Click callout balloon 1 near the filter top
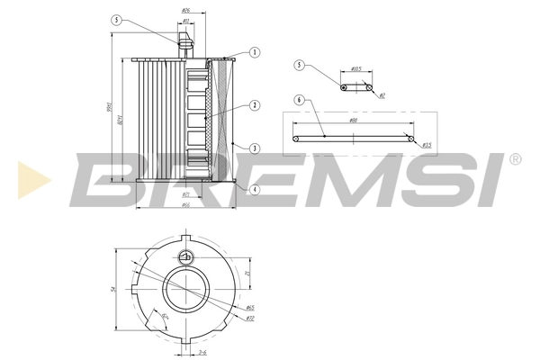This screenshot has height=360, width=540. (x=255, y=53)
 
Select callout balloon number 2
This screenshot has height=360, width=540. (x=255, y=105)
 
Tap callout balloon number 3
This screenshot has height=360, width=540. (x=255, y=148)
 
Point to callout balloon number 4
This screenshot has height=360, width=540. (x=255, y=190)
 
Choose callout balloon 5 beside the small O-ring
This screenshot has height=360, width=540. (x=300, y=65)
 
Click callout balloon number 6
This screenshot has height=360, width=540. (x=300, y=99)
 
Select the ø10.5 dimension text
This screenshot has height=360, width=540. (x=355, y=69)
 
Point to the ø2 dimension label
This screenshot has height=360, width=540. (x=381, y=94)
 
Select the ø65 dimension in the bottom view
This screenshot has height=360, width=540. (x=249, y=308)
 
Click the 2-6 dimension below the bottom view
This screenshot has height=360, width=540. (x=202, y=352)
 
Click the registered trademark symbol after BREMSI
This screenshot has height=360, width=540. (x=514, y=159)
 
